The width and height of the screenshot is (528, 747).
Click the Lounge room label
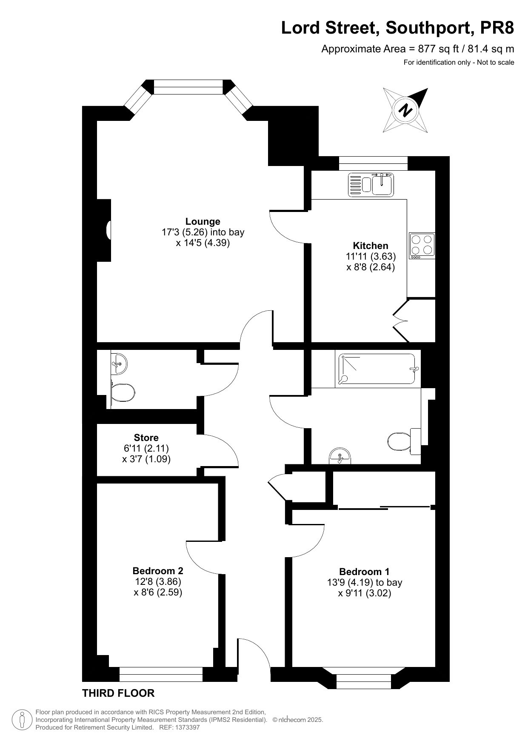203,221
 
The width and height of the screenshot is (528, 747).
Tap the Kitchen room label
371,246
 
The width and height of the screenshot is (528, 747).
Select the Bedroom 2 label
158,570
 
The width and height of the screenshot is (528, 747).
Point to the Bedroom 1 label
364,572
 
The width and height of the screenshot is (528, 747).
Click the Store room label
146,438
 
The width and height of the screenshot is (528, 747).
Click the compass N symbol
405,110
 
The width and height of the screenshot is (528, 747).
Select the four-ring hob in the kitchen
422,246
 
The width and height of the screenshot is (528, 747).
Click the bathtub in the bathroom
377,369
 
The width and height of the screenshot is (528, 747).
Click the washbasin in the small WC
118,363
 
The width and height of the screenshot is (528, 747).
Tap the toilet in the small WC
123,392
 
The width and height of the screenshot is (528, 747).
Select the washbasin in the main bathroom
340,456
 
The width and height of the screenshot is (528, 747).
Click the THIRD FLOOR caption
118,693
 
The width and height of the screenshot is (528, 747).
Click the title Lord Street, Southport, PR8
398,28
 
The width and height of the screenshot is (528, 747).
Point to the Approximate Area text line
417,49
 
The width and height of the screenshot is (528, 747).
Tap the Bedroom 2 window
161,671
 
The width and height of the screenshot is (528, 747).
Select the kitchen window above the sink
373,163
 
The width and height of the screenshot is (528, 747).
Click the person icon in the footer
22,720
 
